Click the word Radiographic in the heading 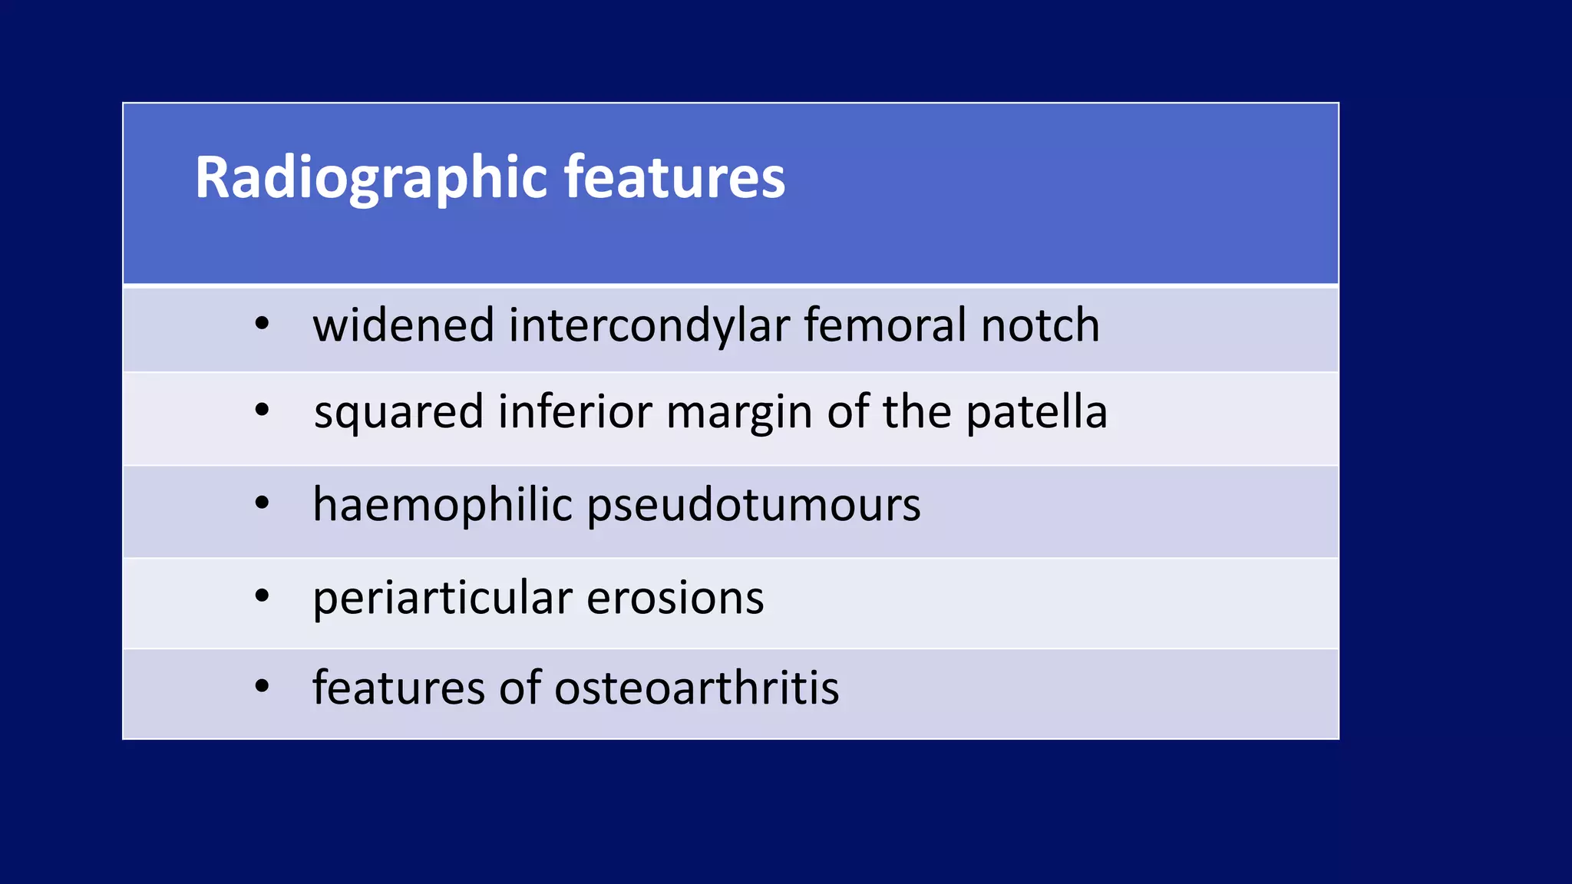coord(371,178)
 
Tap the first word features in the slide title coord(675,178)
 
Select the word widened coord(403,325)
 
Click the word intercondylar coord(649,325)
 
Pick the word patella coord(1036,412)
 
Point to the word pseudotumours coord(754,506)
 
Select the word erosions coord(675,598)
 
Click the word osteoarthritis coord(696,688)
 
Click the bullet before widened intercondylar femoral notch coord(262,325)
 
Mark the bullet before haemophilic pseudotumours coord(262,504)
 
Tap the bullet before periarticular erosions coord(262,595)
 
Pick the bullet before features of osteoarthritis coord(262,686)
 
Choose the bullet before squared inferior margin coord(262,411)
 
